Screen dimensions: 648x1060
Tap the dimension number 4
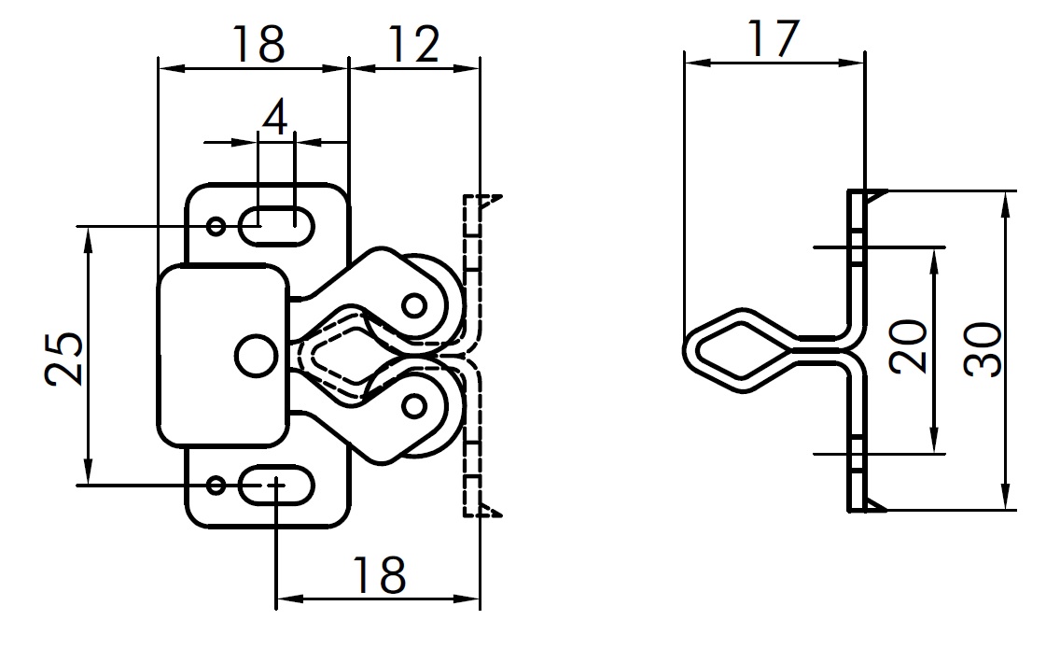pos(275,118)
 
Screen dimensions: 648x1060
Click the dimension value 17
pos(774,39)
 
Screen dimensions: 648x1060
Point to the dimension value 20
pos(907,346)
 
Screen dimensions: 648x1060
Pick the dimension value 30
pos(982,350)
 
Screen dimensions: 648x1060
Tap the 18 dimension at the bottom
pos(378,575)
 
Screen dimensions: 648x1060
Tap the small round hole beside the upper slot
pos(216,225)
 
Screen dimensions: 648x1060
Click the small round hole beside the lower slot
pos(216,486)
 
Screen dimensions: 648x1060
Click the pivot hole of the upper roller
pos(413,304)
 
